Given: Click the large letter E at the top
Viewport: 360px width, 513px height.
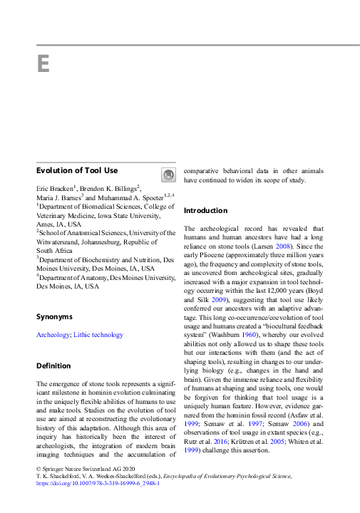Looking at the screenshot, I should [x=43, y=63].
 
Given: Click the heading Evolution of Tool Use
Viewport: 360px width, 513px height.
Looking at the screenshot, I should [x=77, y=170].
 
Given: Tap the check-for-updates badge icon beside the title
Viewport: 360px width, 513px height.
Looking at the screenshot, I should [x=167, y=175].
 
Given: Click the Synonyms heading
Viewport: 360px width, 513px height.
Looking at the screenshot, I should [x=54, y=316].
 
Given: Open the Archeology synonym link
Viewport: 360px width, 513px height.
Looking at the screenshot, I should [x=53, y=334].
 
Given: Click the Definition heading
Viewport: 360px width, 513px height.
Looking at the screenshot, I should [x=55, y=366].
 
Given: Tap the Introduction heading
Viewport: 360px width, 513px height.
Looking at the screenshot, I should [x=206, y=210].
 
